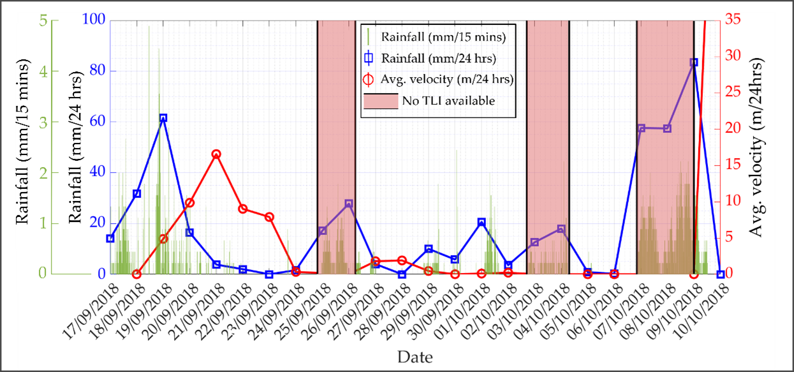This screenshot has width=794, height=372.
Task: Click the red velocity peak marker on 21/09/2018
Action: coord(216,154)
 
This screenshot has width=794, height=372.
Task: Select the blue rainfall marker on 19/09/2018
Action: coord(163,118)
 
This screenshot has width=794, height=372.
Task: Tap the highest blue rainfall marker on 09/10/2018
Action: coord(694,63)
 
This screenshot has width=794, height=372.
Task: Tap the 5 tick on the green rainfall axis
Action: coord(43,20)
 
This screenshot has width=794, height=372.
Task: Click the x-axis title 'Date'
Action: coord(415,356)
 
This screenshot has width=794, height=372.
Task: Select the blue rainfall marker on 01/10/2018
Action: coord(482,222)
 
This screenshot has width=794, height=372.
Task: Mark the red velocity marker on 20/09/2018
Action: coord(189,203)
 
